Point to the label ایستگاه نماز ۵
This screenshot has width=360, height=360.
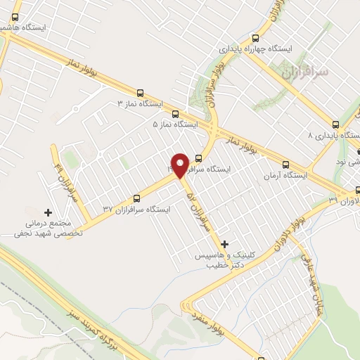click(x=176, y=124)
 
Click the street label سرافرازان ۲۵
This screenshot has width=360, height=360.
click(x=200, y=210)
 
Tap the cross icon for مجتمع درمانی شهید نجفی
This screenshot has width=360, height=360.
click(x=48, y=212)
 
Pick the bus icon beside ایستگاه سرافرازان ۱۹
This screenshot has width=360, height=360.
click(x=198, y=157)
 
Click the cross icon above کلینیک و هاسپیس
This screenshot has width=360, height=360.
click(x=225, y=243)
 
